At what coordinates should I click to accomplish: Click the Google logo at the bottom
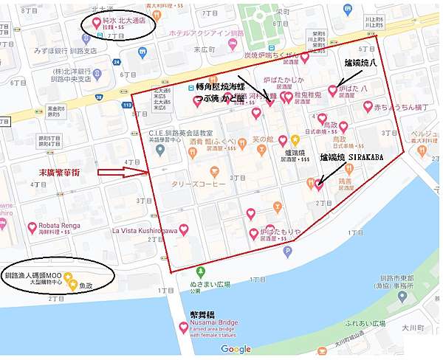tap(236, 349)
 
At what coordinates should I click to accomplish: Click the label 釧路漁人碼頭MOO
tap(33, 275)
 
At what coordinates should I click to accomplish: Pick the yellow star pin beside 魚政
tap(72, 285)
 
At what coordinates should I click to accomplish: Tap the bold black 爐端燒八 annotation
tap(357, 63)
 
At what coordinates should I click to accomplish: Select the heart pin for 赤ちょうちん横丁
tap(368, 107)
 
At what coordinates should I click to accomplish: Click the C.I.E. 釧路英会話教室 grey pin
tap(160, 150)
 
